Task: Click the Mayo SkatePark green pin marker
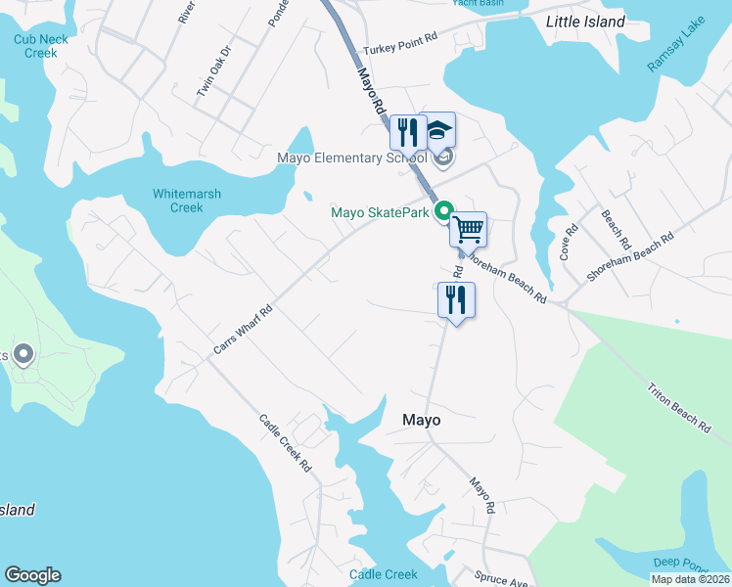coord(443,210)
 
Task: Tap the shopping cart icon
coord(469,229)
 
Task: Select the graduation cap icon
coord(438,130)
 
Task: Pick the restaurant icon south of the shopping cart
coord(456,299)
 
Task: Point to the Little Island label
coord(585,22)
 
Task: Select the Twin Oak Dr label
coord(213,70)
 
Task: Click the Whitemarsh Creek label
coord(187,201)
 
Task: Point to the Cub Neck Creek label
coord(36,46)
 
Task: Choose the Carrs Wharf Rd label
coord(243,331)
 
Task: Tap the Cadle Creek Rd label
coord(285,443)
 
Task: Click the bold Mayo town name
coord(422,420)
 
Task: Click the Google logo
coord(32,575)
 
